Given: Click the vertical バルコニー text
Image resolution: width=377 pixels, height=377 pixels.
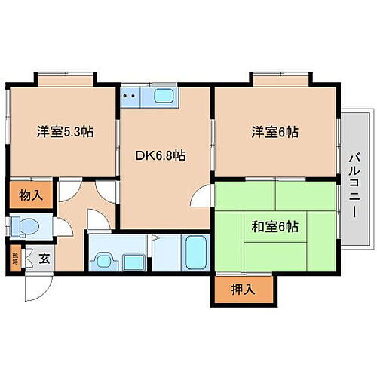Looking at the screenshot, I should tap(353, 181).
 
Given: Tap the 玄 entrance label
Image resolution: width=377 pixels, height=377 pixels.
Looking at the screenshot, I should tap(44, 258).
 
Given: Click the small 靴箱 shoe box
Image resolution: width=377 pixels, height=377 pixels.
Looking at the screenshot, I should tap(15, 258).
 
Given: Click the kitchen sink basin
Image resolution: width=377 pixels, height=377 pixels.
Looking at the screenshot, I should tap(164, 96).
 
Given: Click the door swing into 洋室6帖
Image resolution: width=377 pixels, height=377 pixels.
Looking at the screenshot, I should tap(203, 195).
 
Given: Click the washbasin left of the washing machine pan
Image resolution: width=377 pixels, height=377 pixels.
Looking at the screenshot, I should tap(103, 261).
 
